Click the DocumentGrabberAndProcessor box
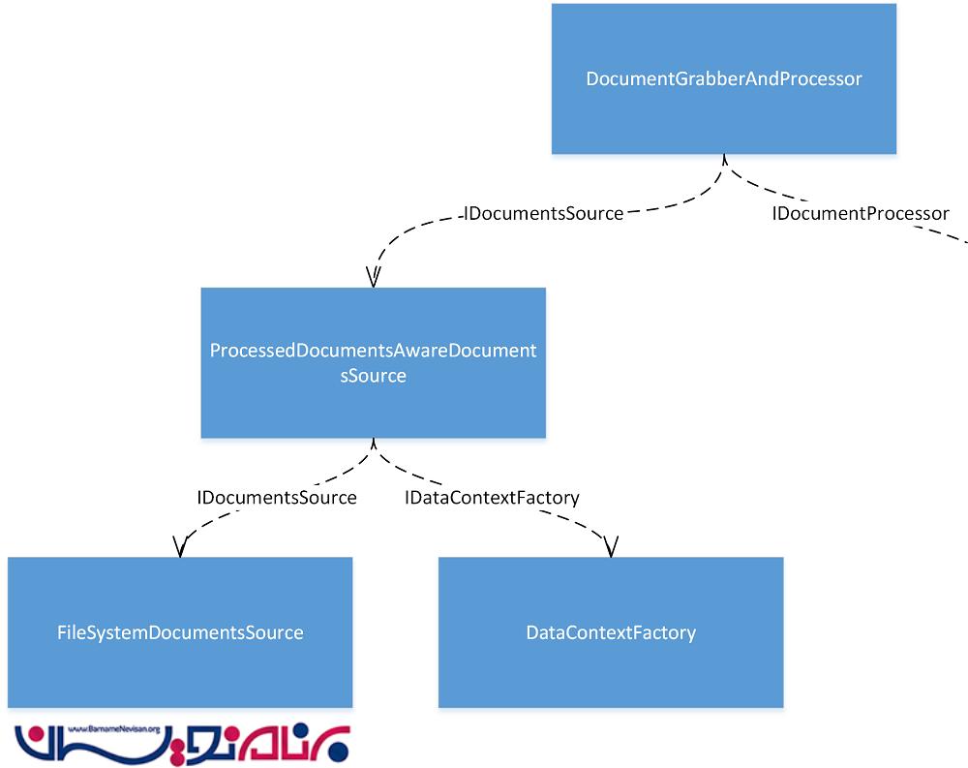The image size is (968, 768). pyautogui.click(x=724, y=78)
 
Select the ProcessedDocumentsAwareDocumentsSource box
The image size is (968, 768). pyautogui.click(x=373, y=362)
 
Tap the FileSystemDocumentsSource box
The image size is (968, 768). pyautogui.click(x=180, y=632)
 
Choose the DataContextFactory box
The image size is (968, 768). pyautogui.click(x=611, y=632)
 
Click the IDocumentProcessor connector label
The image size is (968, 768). pyautogui.click(x=860, y=213)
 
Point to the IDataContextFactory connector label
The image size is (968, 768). pyautogui.click(x=492, y=498)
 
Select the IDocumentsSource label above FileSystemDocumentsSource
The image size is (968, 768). pyautogui.click(x=277, y=498)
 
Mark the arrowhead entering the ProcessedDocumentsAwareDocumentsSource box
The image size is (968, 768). pyautogui.click(x=373, y=276)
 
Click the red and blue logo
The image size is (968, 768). pyautogui.click(x=183, y=744)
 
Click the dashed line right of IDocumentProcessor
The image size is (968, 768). pyautogui.click(x=957, y=235)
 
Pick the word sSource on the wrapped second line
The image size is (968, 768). pyautogui.click(x=373, y=376)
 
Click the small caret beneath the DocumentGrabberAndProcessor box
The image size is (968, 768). pyautogui.click(x=724, y=159)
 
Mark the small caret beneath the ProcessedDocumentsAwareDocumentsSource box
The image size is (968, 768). pyautogui.click(x=373, y=443)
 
